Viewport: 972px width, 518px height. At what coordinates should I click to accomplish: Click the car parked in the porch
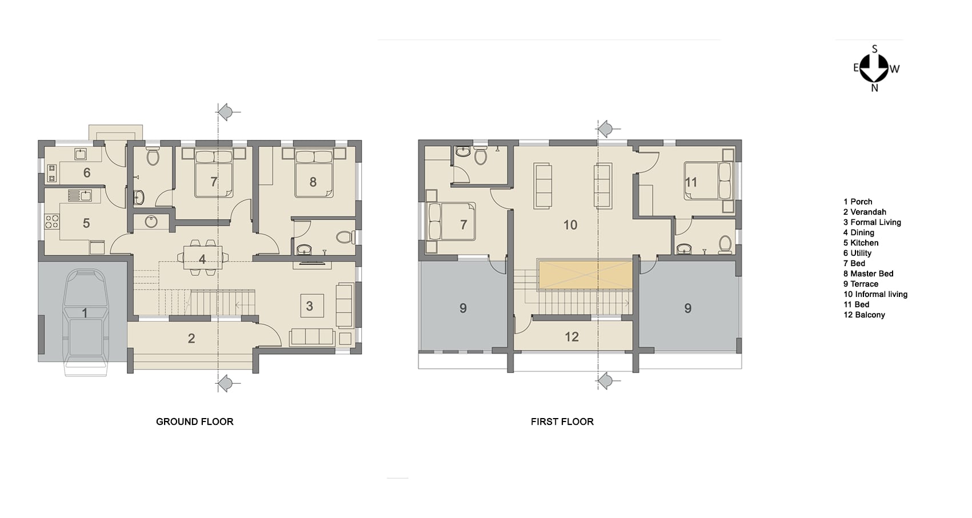click(x=86, y=323)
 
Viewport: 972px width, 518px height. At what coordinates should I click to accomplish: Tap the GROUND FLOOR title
click(x=195, y=421)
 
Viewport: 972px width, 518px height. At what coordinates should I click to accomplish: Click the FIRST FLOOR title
click(x=562, y=421)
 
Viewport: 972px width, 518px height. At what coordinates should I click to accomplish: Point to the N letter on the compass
click(x=874, y=88)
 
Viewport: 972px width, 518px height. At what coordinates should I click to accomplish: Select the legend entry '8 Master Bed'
click(x=869, y=274)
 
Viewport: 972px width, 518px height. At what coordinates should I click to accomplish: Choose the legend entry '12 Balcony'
click(x=864, y=315)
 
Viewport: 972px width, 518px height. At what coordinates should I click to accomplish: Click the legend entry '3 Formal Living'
click(x=872, y=223)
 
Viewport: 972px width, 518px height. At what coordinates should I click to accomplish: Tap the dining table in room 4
click(x=203, y=258)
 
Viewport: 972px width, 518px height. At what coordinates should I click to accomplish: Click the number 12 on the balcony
click(x=572, y=336)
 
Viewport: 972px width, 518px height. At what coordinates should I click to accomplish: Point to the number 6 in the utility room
click(x=87, y=172)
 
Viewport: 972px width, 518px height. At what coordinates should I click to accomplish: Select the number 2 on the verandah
click(x=191, y=339)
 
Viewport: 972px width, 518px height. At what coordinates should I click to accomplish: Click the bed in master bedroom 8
click(x=314, y=173)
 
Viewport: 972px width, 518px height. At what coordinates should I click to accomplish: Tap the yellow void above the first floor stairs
click(x=585, y=275)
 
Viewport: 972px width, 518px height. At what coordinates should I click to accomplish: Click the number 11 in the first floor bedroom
click(x=691, y=182)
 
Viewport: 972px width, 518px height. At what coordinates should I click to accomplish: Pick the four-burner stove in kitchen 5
click(x=52, y=222)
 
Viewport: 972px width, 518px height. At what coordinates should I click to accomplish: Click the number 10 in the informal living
click(x=570, y=224)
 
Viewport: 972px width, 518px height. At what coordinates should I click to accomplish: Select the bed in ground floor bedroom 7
click(x=214, y=173)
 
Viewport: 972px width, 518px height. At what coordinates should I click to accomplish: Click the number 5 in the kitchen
click(x=86, y=223)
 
